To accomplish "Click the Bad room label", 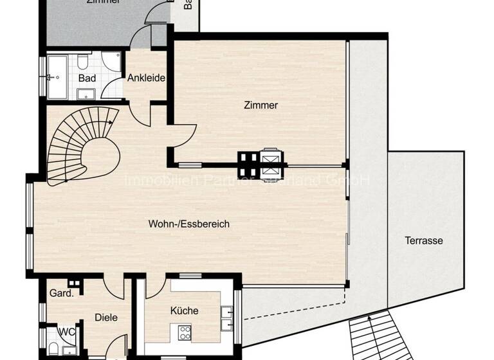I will [87, 78].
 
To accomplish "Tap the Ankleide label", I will [146, 78].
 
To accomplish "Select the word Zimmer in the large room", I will [261, 105].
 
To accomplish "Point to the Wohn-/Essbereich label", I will [188, 224].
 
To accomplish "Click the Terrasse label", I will [423, 241].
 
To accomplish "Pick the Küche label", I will [184, 310].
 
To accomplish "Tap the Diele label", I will [106, 316].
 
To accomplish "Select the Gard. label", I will [61, 293].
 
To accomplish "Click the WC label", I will [67, 332].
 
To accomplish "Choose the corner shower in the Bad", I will [112, 62].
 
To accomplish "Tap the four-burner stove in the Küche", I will [185, 333].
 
